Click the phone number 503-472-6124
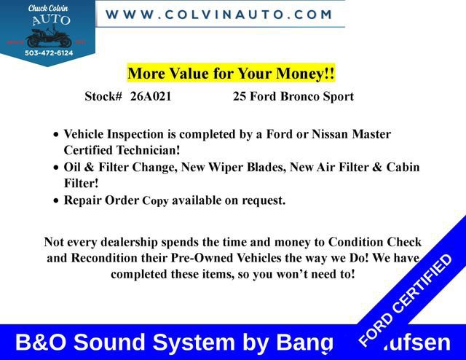pos(48,52)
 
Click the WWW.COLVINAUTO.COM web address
pos(219,14)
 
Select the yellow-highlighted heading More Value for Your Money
pos(232,74)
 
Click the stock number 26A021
pos(151,96)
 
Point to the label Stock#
pos(103,96)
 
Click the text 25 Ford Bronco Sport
pos(293,96)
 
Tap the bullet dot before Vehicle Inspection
pos(58,136)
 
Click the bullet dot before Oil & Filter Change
pos(58,168)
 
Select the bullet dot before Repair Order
pos(58,200)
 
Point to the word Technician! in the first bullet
pos(148,151)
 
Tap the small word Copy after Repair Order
pos(155,201)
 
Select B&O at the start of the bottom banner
pos(42,343)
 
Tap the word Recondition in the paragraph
pos(106,258)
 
